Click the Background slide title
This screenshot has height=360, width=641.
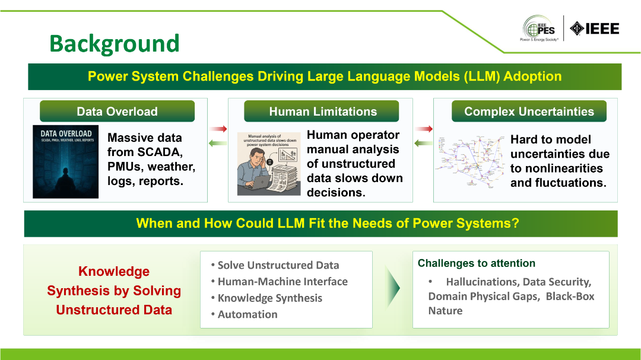114,43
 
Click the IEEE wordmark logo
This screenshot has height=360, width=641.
594,28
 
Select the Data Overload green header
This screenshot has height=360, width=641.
117,111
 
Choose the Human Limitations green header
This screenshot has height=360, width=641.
322,111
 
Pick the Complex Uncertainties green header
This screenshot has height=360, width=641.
529,111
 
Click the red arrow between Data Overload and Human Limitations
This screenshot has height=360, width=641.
218,129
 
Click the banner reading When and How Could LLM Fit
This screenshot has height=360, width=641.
320,224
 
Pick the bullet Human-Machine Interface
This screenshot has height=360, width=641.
282,282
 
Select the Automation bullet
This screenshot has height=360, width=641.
247,314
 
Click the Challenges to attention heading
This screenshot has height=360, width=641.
477,263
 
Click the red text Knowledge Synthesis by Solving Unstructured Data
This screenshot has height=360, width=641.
113,291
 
